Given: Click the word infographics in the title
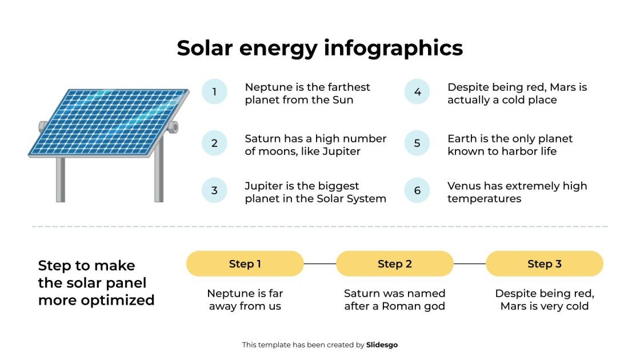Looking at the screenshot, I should pos(393,48).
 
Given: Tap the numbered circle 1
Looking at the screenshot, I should pos(214,91).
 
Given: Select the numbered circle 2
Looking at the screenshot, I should pos(214,143).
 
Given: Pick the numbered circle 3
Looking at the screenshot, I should pos(214,190).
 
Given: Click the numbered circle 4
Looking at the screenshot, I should pos(417,91).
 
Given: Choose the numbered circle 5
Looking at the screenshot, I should pos(417,143).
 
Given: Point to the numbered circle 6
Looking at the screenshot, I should pos(417,190).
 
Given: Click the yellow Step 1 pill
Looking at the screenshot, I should pos(245,263).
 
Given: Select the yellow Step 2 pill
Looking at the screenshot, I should pos(395,263).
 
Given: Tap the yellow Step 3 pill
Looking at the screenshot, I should pos(545,263).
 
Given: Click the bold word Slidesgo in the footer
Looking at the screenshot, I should pos(382,345).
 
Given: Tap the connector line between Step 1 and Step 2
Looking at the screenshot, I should pos(320,263).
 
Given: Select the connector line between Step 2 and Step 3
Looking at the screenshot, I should pos(470,263).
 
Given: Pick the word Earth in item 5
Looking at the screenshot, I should pos(461,139).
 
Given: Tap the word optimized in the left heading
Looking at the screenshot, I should pos(122,300).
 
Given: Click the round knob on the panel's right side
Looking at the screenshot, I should pos(173,127).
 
